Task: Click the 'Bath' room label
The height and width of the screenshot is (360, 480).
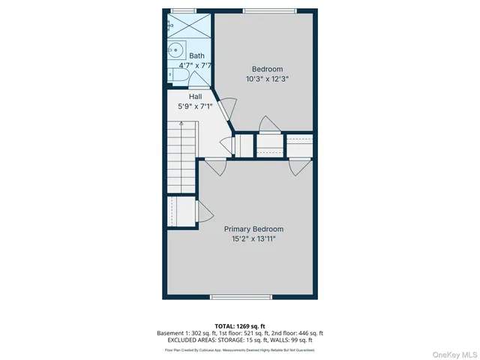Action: pyautogui.click(x=196, y=55)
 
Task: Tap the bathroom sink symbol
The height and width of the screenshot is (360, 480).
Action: pyautogui.click(x=175, y=52)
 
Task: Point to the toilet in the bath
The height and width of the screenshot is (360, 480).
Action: pyautogui.click(x=174, y=75)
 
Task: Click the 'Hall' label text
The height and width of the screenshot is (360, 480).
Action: pyautogui.click(x=195, y=97)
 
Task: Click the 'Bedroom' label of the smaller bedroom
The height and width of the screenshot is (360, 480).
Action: pyautogui.click(x=266, y=68)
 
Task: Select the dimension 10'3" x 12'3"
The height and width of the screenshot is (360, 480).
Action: pyautogui.click(x=266, y=78)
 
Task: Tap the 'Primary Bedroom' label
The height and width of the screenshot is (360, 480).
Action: pyautogui.click(x=254, y=229)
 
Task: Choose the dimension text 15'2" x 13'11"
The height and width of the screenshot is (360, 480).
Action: pyautogui.click(x=254, y=240)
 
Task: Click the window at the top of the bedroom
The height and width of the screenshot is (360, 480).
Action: pyautogui.click(x=264, y=10)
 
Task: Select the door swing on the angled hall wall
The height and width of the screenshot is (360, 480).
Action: pyautogui.click(x=223, y=106)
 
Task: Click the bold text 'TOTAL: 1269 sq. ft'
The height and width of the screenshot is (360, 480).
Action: pyautogui.click(x=240, y=325)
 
